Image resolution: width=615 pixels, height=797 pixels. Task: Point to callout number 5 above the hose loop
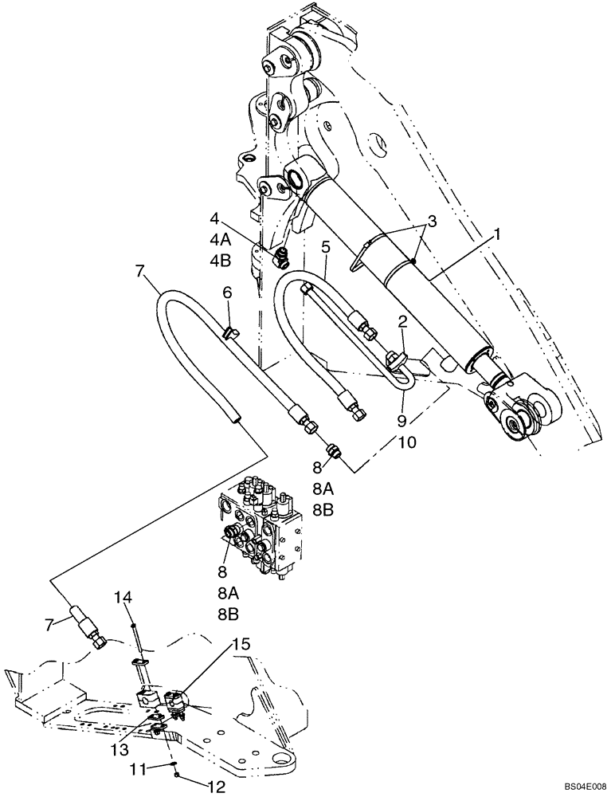pos(325,246)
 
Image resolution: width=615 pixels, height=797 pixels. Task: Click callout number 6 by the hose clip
pos(227,293)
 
